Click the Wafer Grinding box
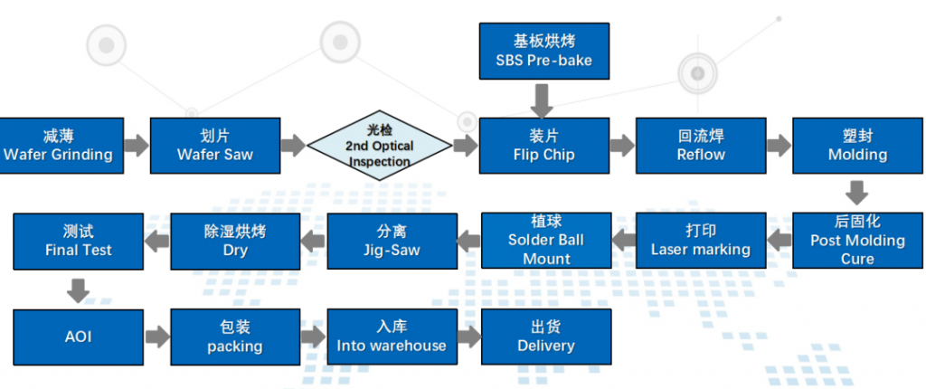point(58,146)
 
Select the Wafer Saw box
point(215,146)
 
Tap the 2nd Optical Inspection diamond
point(380,146)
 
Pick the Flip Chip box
point(543,146)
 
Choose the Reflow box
point(701,146)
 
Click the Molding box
point(857,146)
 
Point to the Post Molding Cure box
point(857,240)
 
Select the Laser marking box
point(701,240)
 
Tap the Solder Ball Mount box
point(546,240)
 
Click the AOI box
point(79,337)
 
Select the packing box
point(235,337)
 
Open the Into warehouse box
point(392,337)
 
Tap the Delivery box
point(546,337)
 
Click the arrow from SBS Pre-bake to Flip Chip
point(543,100)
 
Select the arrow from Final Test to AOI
point(79,289)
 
